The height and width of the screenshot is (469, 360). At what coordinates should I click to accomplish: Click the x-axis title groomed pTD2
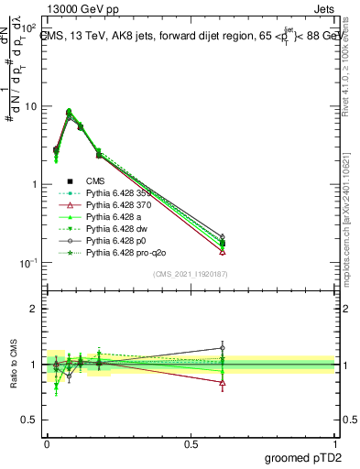click(x=302, y=457)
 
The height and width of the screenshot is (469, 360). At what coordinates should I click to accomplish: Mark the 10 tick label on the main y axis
click(x=31, y=106)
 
